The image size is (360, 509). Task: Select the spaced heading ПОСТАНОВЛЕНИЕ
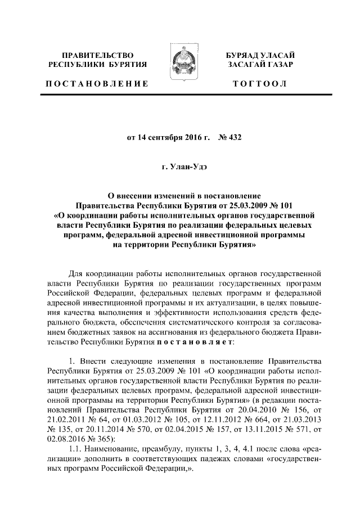[97, 84]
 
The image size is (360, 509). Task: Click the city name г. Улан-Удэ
[180, 166]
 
